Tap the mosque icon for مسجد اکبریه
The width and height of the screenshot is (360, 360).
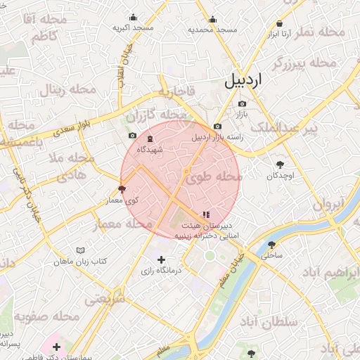[x=131, y=18]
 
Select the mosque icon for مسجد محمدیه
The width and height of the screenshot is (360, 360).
[x=212, y=20]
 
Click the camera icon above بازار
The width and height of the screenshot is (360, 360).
[x=242, y=104]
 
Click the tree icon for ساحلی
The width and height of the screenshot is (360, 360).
[x=272, y=245]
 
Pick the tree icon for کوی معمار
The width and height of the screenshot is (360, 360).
[x=122, y=189]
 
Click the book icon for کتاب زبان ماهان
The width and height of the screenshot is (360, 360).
[x=81, y=250]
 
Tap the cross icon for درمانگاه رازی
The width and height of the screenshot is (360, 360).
[x=162, y=259]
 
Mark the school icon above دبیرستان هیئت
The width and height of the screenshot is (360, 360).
[x=205, y=214]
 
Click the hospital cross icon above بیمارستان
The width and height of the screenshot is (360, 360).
[x=56, y=347]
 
